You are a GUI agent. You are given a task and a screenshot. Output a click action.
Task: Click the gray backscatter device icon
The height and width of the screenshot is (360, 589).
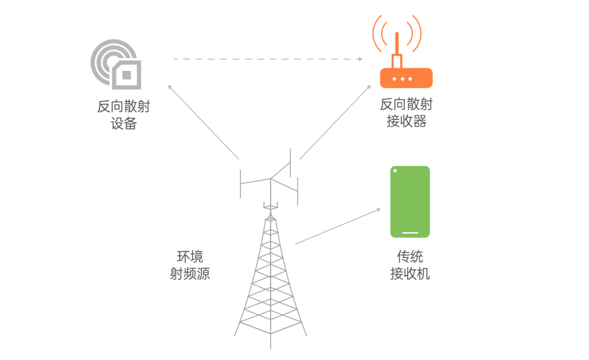pyautogui.click(x=116, y=64)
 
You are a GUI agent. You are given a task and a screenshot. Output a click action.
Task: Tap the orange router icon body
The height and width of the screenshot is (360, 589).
pyautogui.click(x=406, y=78)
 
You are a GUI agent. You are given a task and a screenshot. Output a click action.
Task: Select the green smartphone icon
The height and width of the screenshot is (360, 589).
pyautogui.click(x=410, y=202)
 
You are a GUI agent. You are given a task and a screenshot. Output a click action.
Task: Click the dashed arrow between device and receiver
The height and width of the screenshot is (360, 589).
pyautogui.click(x=268, y=59)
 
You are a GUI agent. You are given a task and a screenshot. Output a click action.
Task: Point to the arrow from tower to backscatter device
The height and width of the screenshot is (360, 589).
pyautogui.click(x=203, y=122)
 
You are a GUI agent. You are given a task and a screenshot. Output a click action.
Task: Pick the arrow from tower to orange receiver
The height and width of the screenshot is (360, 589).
pyautogui.click(x=335, y=122)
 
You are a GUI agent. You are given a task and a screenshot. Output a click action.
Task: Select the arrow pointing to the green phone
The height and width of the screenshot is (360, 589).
pyautogui.click(x=338, y=226)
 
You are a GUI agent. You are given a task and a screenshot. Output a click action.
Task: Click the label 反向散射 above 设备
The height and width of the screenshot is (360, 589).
pyautogui.click(x=124, y=107)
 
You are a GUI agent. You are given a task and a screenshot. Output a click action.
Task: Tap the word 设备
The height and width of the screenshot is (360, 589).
pyautogui.click(x=124, y=123)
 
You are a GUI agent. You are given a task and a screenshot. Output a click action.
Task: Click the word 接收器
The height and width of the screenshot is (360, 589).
pyautogui.click(x=406, y=121)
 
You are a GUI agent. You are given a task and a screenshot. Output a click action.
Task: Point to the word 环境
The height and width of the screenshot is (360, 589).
pyautogui.click(x=190, y=257)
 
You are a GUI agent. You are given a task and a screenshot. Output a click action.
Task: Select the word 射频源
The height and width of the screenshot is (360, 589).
pyautogui.click(x=190, y=273)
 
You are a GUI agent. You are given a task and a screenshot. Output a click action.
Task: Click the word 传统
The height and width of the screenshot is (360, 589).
pyautogui.click(x=410, y=257)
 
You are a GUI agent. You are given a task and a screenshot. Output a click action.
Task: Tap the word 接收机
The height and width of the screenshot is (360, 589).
pyautogui.click(x=410, y=273)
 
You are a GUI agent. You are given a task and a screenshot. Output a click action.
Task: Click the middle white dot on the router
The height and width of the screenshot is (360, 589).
pyautogui.click(x=402, y=79)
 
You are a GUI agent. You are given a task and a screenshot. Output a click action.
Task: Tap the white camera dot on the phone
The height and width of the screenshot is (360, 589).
pyautogui.click(x=395, y=171)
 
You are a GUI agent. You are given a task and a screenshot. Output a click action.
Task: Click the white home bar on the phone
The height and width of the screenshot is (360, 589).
pyautogui.click(x=410, y=232)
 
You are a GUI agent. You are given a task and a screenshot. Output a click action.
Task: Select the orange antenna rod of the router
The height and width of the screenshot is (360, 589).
pyautogui.click(x=396, y=44)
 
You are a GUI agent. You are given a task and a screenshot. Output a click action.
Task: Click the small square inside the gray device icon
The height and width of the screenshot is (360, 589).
pyautogui.click(x=127, y=75)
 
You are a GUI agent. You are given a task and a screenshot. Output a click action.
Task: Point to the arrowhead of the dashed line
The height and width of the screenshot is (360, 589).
pyautogui.click(x=360, y=59)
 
